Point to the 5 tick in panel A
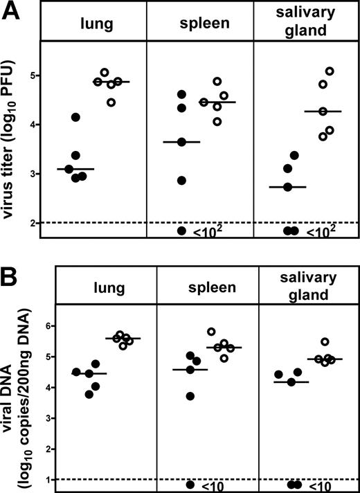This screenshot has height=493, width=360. coord(33,75)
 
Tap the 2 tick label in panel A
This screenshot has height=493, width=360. coord(33,222)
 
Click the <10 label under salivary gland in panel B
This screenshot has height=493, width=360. coord(317,485)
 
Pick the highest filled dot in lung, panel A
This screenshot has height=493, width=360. coord(75,117)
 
